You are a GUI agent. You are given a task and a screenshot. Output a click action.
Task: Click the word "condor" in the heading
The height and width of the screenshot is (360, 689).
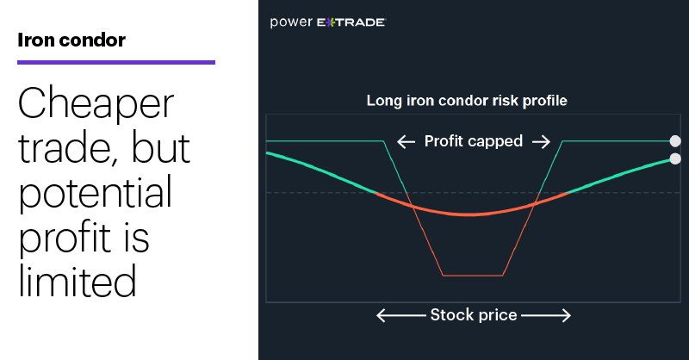tap(92, 40)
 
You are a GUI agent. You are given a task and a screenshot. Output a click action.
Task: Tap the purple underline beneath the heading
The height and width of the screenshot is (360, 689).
tap(116, 62)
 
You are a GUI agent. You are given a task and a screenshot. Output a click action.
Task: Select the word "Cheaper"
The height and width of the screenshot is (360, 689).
tap(96, 103)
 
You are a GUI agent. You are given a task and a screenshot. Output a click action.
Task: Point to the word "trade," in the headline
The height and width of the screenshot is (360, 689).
tap(67, 147)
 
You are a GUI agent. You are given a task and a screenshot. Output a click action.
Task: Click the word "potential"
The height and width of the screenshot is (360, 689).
tap(95, 192)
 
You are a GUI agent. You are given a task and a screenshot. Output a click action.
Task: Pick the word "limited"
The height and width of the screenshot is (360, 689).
tap(78, 281)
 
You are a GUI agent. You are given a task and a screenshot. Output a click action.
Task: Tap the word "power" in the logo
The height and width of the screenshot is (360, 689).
tap(291, 22)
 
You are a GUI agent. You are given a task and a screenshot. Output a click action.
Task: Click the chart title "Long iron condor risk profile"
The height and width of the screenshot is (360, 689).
tap(467, 101)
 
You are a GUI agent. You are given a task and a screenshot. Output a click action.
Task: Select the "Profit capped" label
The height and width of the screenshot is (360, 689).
tap(473, 141)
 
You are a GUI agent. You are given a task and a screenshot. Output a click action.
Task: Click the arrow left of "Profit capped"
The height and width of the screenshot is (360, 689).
tap(406, 141)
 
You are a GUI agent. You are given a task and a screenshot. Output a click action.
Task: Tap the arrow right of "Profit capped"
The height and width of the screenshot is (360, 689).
tap(541, 141)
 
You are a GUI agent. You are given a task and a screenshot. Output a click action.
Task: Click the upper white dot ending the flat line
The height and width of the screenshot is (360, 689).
tap(675, 141)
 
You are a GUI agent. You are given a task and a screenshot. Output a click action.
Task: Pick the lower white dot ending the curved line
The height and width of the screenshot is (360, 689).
tap(675, 158)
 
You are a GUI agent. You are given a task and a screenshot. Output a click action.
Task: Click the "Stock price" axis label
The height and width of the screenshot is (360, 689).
tap(473, 315)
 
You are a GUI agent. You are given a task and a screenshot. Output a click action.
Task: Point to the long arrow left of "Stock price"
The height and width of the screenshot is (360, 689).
tap(401, 315)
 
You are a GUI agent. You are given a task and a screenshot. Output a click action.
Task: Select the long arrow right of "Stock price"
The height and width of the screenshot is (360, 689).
tap(546, 315)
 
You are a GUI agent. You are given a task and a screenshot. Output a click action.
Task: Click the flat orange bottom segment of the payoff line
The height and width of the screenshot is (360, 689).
tap(473, 276)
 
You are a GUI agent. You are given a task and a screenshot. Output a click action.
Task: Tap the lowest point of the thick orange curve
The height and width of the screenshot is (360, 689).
tap(469, 214)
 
